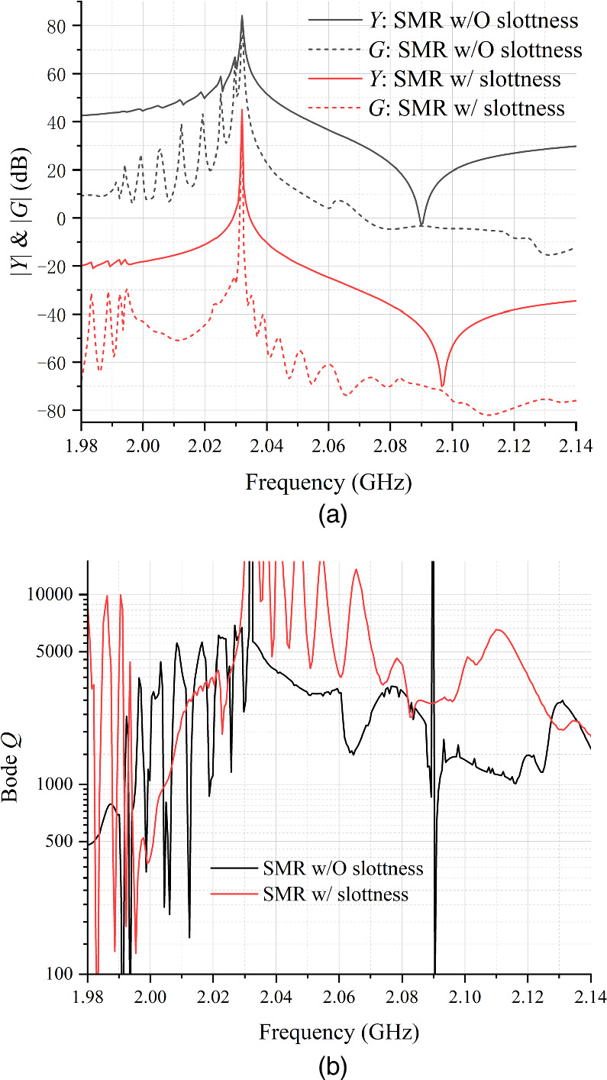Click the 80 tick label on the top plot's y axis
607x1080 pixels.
coord(60,26)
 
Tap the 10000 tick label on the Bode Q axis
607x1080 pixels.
coord(56,594)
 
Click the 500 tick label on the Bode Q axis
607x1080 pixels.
coord(62,842)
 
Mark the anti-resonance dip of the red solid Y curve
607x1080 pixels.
coord(442,386)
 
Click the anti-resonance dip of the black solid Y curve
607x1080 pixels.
coord(421,225)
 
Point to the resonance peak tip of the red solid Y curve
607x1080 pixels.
coord(242,110)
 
